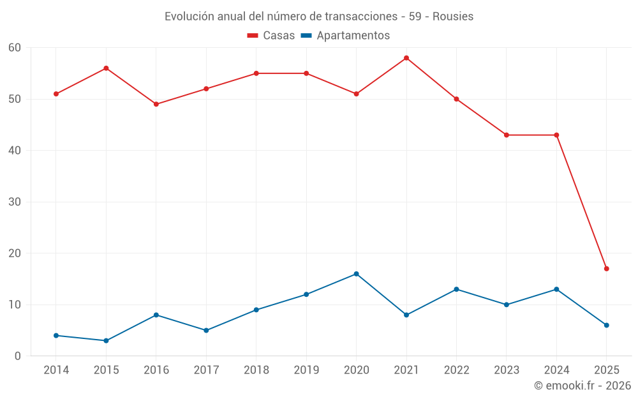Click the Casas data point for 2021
[406, 58]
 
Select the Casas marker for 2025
[607, 269]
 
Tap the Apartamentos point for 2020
[356, 274]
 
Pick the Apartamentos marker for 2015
[106, 340]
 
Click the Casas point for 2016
[156, 104]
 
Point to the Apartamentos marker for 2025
[607, 325]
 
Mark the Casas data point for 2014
[56, 94]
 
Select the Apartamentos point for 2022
[456, 289]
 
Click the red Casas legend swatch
[253, 36]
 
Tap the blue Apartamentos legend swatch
[306, 36]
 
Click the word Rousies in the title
[453, 17]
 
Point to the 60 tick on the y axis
[15, 48]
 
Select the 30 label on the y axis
[15, 202]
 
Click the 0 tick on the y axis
[18, 356]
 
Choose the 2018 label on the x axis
[256, 370]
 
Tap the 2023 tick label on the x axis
[507, 370]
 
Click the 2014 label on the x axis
[56, 370]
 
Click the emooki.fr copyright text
[582, 386]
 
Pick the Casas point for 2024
[556, 135]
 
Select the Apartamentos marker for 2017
[206, 330]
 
